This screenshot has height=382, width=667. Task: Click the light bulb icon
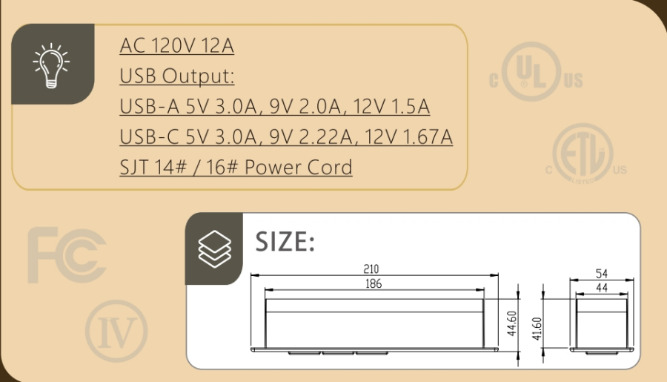point(51,65)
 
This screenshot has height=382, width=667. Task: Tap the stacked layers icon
point(214,249)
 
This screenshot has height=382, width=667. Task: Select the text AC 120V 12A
point(176,45)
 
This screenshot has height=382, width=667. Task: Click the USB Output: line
point(177,76)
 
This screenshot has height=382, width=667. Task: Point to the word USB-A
point(150,107)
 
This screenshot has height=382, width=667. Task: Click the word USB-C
point(149,136)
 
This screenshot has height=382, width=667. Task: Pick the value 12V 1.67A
point(409,136)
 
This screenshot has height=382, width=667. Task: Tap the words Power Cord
point(298,167)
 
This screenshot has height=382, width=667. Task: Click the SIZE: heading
point(285,242)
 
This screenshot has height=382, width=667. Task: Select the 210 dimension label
point(371,269)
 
